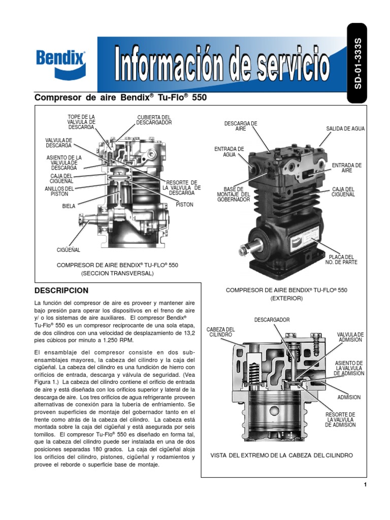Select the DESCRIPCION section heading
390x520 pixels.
coord(61,290)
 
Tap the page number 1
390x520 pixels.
coord(365,485)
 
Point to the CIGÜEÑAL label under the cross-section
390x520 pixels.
coord(68,250)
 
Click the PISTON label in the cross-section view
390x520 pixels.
coord(184,204)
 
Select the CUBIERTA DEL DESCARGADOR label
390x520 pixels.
coord(154,120)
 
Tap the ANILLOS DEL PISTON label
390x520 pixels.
coord(59,191)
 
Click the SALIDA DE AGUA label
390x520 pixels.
coord(345,129)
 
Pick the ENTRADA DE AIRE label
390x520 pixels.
coord(346,168)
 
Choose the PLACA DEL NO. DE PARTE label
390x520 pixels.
coord(341,259)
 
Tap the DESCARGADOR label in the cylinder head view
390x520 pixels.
coord(272,320)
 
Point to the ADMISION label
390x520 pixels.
coord(349,397)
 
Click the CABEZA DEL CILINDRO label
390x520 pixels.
coord(220,332)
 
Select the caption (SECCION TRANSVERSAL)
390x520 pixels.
coord(117,273)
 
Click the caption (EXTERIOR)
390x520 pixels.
coord(286,299)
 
